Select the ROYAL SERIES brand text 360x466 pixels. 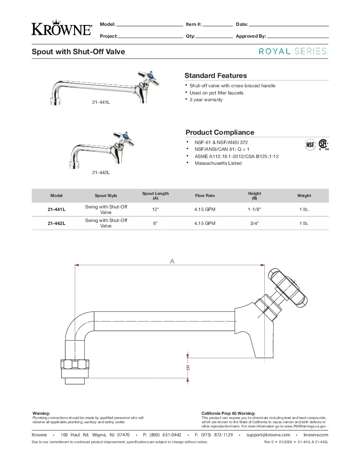(x=293, y=51)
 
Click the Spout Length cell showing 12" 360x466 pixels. (x=155, y=210)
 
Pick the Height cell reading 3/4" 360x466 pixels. (x=255, y=223)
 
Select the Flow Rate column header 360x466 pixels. (x=205, y=196)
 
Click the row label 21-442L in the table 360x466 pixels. (x=56, y=223)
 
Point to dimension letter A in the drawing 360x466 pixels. (x=172, y=261)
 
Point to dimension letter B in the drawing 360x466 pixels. (x=188, y=368)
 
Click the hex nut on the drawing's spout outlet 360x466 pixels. (x=76, y=364)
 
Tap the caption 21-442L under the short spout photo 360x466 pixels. (x=101, y=173)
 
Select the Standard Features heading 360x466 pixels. (x=216, y=76)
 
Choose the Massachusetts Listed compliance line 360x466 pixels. (x=218, y=163)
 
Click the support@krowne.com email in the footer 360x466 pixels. (x=268, y=435)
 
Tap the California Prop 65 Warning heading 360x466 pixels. (x=228, y=413)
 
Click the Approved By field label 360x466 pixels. (x=251, y=36)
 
